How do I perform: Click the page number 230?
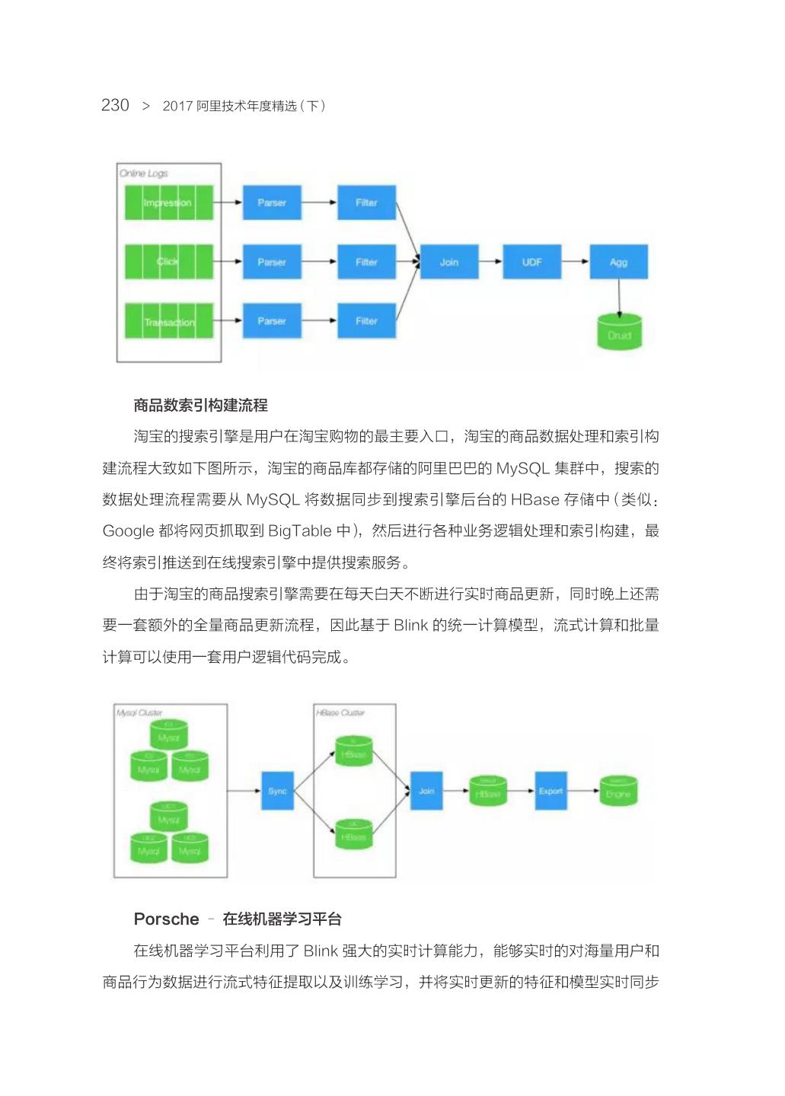pos(115,105)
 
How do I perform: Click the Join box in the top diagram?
pos(449,262)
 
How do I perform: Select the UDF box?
pos(531,262)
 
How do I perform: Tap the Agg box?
pos(618,262)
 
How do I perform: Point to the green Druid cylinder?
pos(619,332)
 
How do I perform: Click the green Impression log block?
pos(168,202)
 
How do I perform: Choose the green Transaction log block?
pos(168,321)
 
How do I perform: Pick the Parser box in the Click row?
pos(272,262)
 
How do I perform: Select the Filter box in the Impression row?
pos(366,202)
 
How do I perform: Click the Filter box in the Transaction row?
pos(366,321)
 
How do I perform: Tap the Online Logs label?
pos(143,174)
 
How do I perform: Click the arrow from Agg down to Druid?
pos(619,297)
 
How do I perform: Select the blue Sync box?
pos(277,792)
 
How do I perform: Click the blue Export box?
pos(550,792)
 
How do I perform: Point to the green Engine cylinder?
pos(618,792)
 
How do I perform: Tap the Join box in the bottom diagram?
pos(426,792)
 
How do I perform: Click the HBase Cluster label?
pos(340,713)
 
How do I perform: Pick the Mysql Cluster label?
pos(139,713)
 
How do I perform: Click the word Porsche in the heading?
pos(166,919)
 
